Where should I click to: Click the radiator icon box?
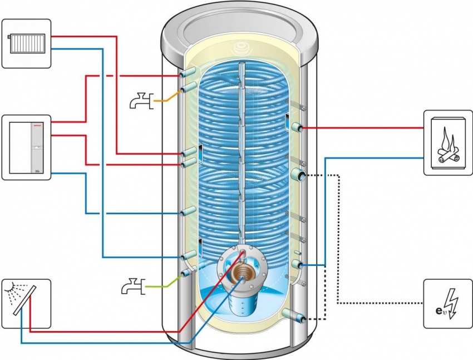click(x=26, y=43)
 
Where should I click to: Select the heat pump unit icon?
click(x=26, y=147)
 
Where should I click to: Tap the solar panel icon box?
click(x=26, y=303)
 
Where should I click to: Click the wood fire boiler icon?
click(x=447, y=142)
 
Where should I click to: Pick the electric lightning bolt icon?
click(x=447, y=304)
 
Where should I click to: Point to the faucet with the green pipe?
click(x=132, y=287)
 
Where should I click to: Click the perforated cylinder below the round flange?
click(x=243, y=304)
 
